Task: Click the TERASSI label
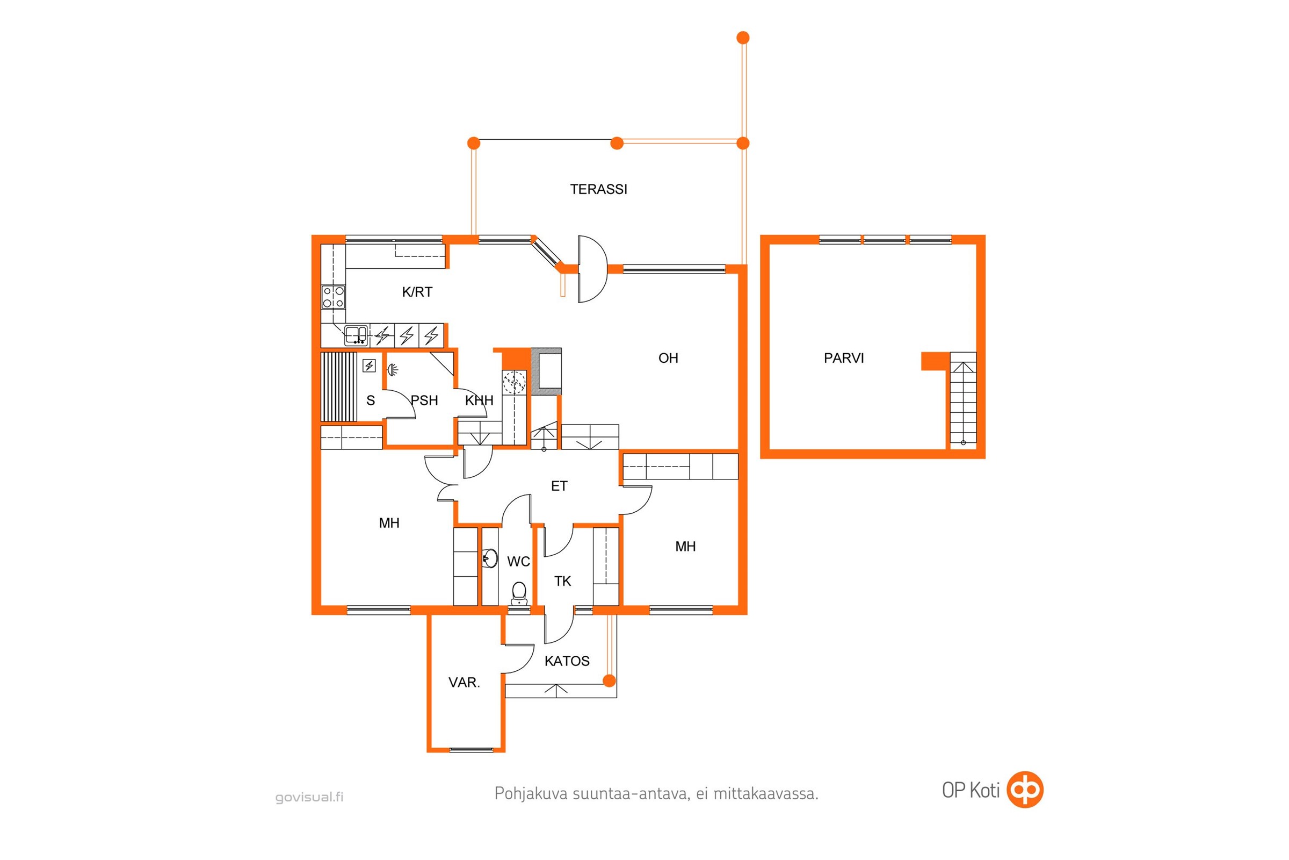598,189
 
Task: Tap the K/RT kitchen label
417,292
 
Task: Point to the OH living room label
668,358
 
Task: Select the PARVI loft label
843,358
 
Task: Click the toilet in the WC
518,593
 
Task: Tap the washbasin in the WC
490,558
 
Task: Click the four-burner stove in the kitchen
333,297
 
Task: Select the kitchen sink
356,334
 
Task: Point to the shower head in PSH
393,370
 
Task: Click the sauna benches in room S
339,386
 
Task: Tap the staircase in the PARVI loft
963,399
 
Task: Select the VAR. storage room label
464,683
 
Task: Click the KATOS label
567,661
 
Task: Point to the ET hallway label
559,486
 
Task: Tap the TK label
562,582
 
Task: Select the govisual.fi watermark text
309,798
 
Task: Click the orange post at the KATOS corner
609,681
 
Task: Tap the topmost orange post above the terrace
743,38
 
